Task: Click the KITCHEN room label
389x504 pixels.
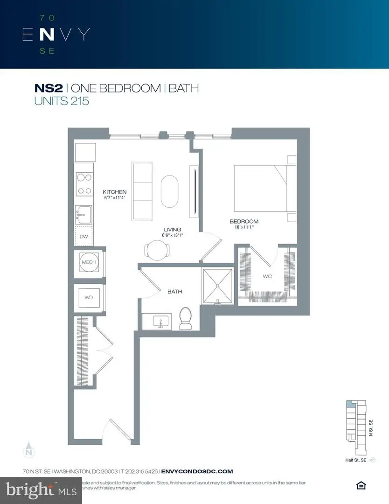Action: [115, 192]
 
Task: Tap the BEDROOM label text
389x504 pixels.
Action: [243, 222]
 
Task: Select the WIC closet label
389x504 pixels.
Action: [267, 276]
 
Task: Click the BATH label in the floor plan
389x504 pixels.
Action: [175, 292]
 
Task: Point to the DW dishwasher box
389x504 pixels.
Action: [84, 237]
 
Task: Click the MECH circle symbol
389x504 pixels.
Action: [89, 263]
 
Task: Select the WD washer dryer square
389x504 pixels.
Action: [89, 297]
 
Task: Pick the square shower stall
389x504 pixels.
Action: [216, 285]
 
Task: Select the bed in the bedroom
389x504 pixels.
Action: [264, 188]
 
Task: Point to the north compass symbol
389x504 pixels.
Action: [29, 450]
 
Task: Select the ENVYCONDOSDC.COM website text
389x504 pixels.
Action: [197, 471]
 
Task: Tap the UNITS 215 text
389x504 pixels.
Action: [61, 101]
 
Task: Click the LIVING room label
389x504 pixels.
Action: [172, 229]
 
